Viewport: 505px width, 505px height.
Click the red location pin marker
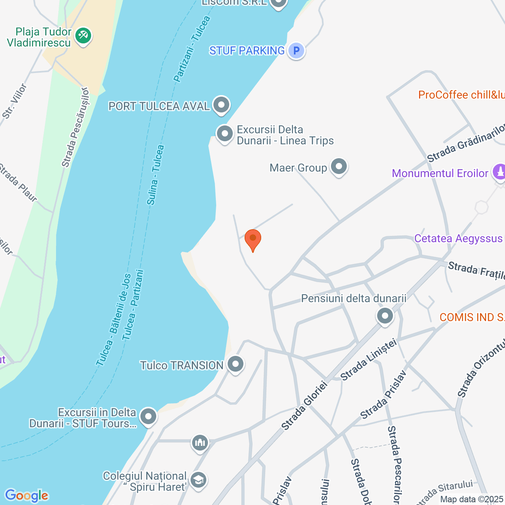(252, 239)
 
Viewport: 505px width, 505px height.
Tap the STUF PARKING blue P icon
(296, 50)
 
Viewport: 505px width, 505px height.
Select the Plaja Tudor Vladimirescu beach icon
(83, 36)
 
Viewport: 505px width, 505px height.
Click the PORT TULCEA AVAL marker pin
(221, 105)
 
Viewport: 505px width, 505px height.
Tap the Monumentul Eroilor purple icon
(499, 172)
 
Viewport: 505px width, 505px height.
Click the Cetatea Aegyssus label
(458, 239)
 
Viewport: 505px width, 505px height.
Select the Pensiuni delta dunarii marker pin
(385, 316)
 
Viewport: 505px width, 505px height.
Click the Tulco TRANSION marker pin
(236, 365)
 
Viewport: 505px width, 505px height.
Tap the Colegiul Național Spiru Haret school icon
(198, 480)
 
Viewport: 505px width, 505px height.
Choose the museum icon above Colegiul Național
(200, 443)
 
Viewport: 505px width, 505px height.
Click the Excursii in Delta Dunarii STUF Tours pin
(148, 417)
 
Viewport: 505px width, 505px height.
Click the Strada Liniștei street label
(368, 360)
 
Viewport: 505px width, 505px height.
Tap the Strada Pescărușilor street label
(75, 131)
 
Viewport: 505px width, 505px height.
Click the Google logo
(26, 496)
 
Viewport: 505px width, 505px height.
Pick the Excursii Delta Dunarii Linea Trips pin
(225, 134)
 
